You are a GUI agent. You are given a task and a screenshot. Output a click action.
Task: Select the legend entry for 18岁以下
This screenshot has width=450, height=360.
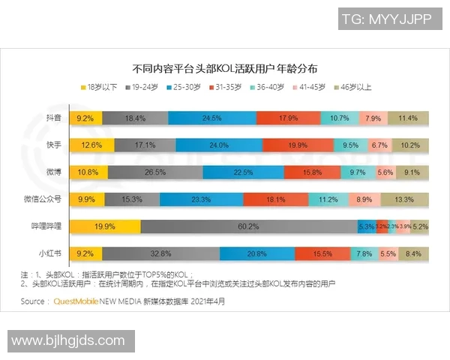[x=99, y=88]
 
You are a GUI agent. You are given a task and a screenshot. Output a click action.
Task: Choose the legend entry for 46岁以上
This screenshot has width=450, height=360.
[x=352, y=88]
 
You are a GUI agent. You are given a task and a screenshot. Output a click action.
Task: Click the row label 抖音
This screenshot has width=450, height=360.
[x=53, y=118]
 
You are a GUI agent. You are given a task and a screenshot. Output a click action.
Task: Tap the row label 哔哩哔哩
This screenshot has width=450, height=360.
[x=47, y=226]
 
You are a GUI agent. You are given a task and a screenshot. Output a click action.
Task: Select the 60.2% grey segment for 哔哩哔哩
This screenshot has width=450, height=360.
[x=248, y=226]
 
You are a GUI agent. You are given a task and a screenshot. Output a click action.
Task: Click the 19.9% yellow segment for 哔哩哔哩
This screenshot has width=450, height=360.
[x=105, y=226]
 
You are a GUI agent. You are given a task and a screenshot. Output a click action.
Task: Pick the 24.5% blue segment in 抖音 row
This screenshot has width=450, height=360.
[x=211, y=118]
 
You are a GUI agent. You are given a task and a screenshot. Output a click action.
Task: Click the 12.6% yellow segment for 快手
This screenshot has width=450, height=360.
[x=91, y=145]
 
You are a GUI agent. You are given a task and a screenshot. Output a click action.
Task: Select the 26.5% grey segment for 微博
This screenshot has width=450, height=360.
[x=154, y=172]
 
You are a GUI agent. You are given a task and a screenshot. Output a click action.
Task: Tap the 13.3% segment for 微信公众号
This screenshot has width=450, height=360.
[x=404, y=199]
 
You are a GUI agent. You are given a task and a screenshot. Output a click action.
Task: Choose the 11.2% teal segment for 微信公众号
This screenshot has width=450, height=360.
[x=328, y=199]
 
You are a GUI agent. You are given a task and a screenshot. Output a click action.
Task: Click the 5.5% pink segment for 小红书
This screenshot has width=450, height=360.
[x=388, y=253]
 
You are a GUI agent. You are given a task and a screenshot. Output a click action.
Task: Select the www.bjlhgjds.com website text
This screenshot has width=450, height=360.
[x=68, y=340]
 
